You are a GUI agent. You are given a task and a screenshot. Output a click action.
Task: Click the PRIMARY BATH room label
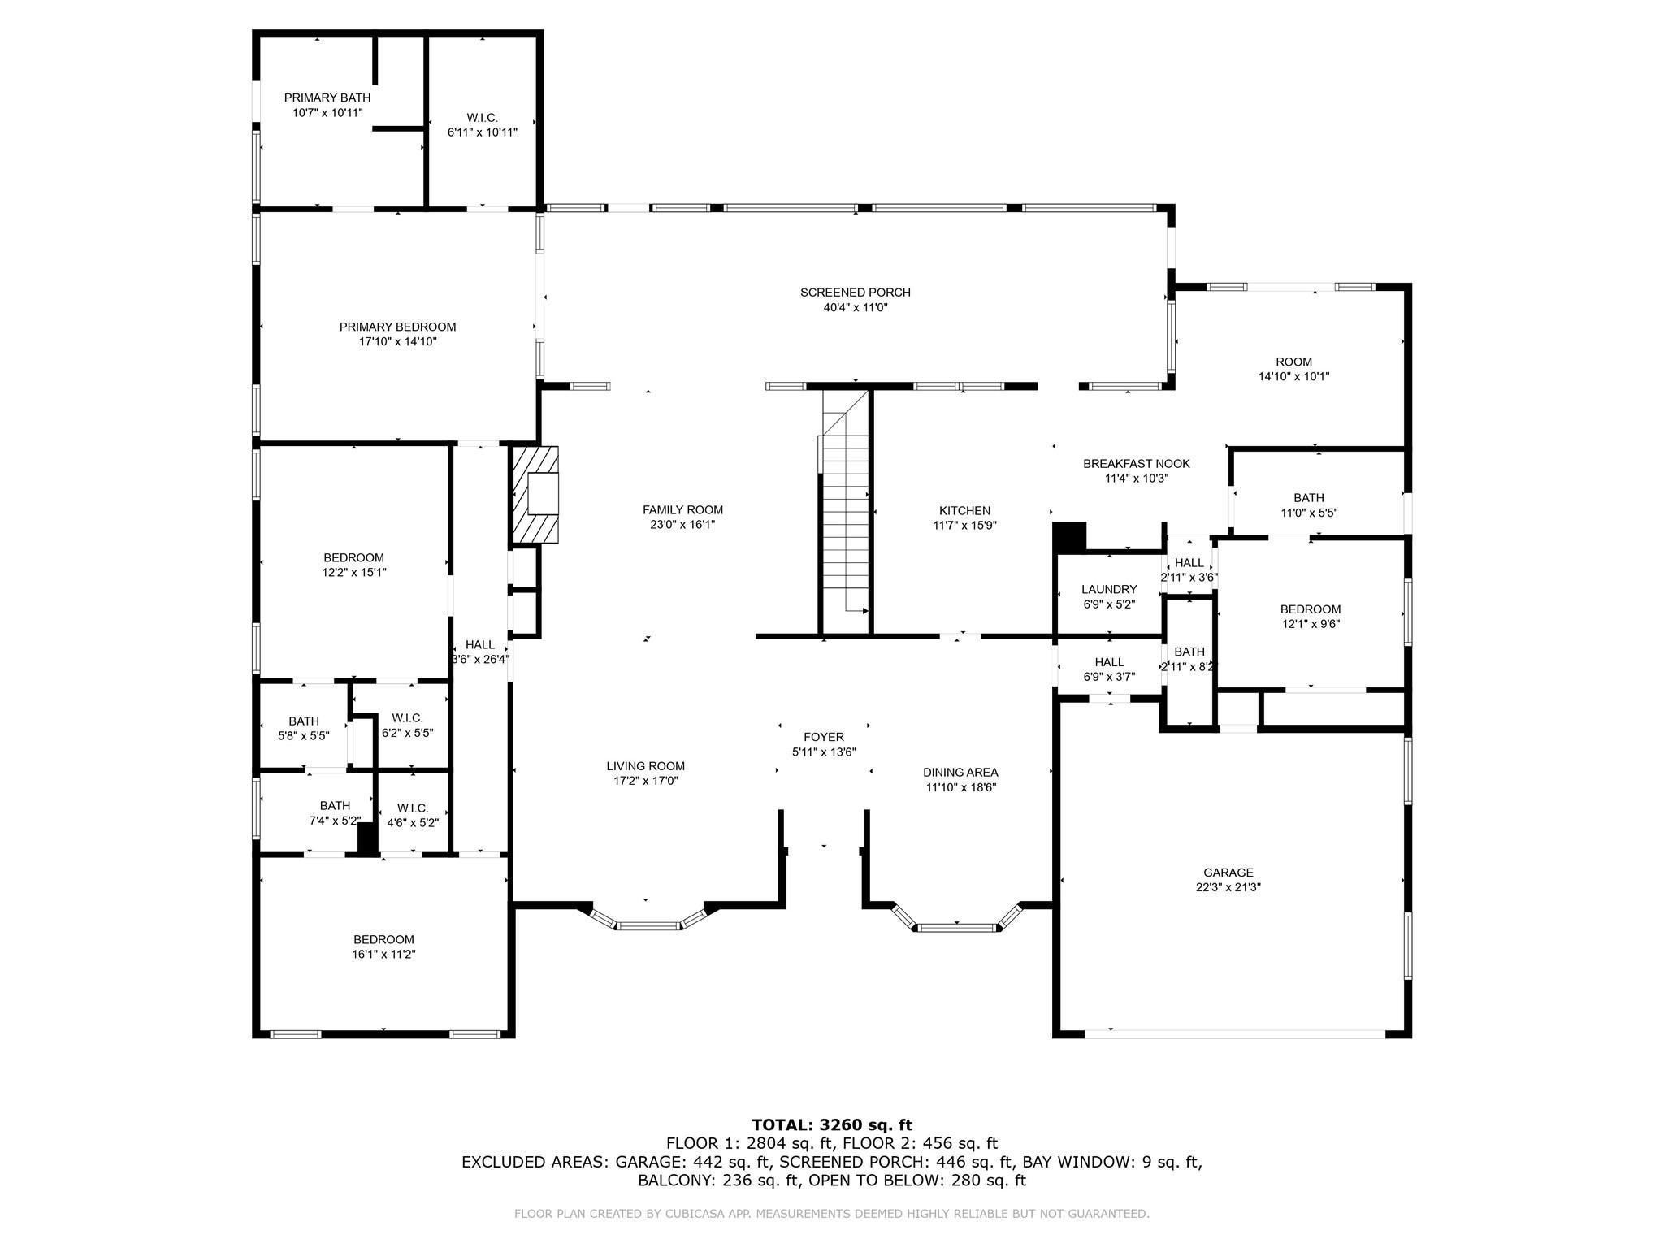point(327,97)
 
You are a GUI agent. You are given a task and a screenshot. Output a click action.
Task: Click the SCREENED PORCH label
point(856,292)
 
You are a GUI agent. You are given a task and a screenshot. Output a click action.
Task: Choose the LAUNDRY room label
point(1109,589)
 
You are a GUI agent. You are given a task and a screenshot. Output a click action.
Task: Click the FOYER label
point(824,737)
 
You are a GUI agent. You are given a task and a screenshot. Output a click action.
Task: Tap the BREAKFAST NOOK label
point(1136,463)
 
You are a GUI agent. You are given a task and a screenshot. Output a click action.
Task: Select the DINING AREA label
point(960,772)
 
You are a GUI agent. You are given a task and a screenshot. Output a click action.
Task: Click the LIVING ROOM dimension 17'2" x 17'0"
point(646,781)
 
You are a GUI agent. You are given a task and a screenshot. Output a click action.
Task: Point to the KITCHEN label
point(964,510)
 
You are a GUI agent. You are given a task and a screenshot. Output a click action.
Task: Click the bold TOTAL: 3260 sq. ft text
point(832,1124)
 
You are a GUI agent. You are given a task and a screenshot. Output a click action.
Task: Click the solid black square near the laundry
point(1069,537)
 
